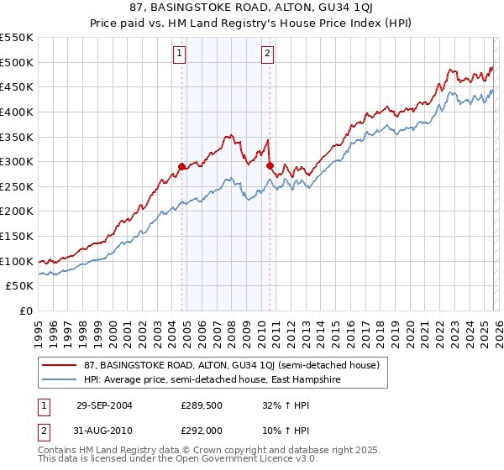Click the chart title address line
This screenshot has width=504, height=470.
[x=253, y=8]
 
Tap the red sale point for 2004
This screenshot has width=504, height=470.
[x=181, y=167]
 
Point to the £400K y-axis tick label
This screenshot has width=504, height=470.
[x=17, y=112]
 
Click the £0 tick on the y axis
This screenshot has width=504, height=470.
[x=25, y=311]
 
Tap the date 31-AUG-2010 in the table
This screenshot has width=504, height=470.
[x=103, y=430]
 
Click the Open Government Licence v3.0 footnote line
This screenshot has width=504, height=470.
[x=158, y=461]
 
